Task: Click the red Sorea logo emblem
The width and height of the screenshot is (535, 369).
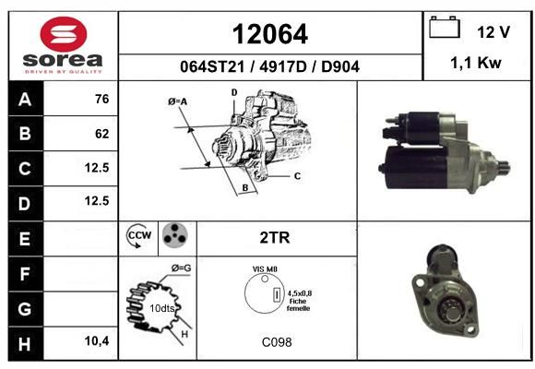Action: [64, 34]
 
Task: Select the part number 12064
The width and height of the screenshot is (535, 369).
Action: [270, 34]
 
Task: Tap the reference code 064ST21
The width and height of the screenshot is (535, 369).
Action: [212, 66]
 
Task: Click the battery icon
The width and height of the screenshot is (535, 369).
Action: [445, 27]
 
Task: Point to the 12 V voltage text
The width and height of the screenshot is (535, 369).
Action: [493, 32]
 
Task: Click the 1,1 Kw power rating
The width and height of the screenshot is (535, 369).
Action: [476, 63]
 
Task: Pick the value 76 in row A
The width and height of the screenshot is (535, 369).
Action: [102, 99]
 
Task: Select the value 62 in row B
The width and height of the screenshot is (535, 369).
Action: [102, 134]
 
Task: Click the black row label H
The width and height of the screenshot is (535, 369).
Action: [25, 343]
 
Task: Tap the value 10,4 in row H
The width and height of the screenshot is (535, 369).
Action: [97, 340]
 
